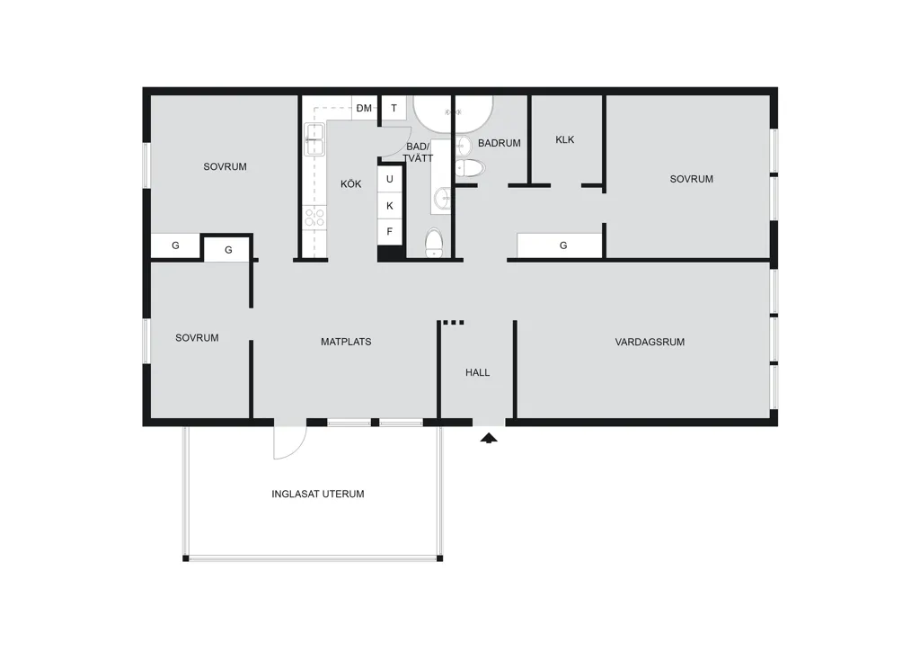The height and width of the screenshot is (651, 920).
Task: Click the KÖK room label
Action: pyautogui.click(x=351, y=183)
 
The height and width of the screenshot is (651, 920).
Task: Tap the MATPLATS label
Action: pyautogui.click(x=346, y=342)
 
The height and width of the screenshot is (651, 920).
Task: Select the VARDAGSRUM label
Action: pyautogui.click(x=650, y=342)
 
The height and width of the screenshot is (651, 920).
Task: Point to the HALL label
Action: pyautogui.click(x=478, y=372)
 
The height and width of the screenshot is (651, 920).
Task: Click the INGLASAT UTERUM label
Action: pyautogui.click(x=318, y=495)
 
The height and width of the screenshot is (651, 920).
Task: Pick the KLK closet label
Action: pyautogui.click(x=565, y=139)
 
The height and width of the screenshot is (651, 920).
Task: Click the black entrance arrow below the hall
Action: pyautogui.click(x=489, y=438)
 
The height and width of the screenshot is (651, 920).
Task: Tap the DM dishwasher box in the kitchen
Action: pyautogui.click(x=365, y=108)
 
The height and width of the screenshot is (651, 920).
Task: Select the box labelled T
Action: pyautogui.click(x=394, y=108)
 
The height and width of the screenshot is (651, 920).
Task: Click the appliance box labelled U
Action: pyautogui.click(x=390, y=179)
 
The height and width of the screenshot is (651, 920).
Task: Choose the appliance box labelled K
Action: pyautogui.click(x=390, y=205)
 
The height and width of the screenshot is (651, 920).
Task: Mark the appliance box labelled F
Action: pyautogui.click(x=390, y=232)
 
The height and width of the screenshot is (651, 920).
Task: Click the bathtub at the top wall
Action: pyautogui.click(x=453, y=113)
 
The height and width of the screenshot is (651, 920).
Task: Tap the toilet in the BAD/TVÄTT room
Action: pyautogui.click(x=434, y=243)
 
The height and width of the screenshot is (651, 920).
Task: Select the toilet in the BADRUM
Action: pyautogui.click(x=470, y=168)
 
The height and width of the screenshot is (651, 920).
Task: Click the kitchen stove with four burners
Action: pyautogui.click(x=315, y=217)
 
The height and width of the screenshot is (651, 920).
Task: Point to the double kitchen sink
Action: pyautogui.click(x=314, y=139)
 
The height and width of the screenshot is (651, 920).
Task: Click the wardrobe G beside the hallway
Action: pyautogui.click(x=560, y=245)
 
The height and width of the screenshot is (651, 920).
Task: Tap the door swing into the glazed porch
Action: pyautogui.click(x=290, y=442)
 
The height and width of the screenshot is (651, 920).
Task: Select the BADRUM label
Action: pyautogui.click(x=500, y=143)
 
